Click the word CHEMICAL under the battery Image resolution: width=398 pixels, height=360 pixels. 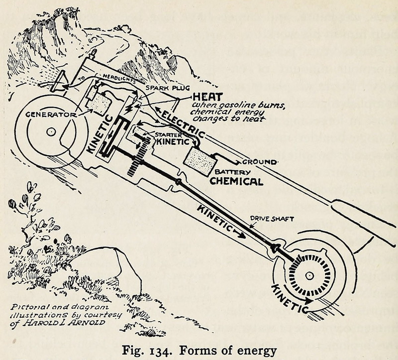pos(236,181)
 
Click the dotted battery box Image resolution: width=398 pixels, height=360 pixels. pos(200,160)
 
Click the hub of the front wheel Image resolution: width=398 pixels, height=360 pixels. pos(51,131)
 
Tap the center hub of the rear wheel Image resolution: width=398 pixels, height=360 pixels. pos(309,275)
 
